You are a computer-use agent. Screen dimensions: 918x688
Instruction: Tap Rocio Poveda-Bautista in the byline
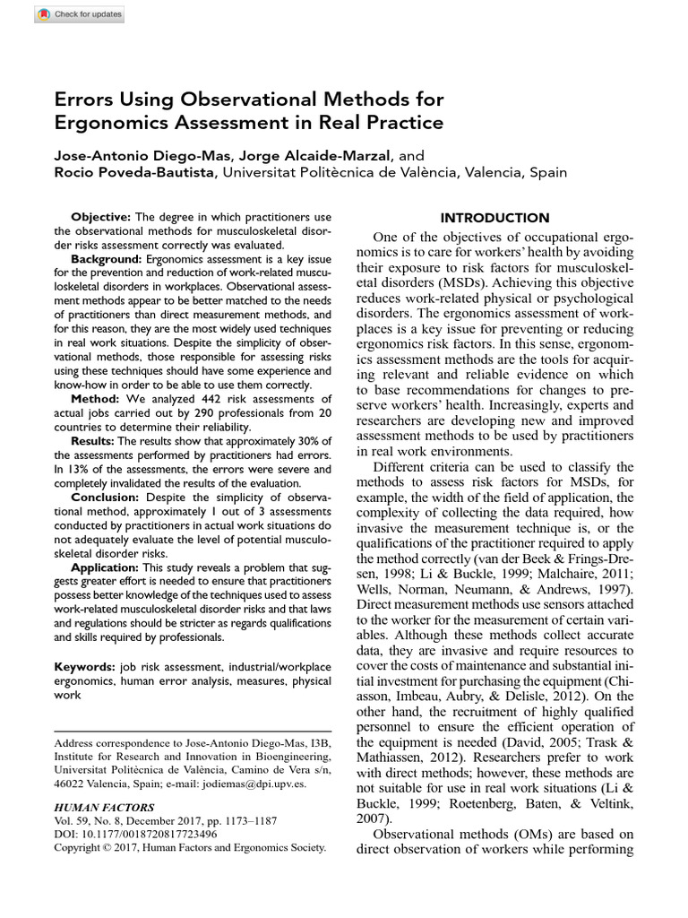click(135, 172)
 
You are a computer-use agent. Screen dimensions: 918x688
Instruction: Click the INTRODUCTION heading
click(494, 218)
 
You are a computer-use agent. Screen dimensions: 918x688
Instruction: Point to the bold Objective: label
click(100, 217)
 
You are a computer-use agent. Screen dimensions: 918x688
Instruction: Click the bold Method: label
click(95, 398)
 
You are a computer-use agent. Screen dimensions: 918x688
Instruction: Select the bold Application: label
click(105, 567)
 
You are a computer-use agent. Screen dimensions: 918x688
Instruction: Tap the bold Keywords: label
click(84, 666)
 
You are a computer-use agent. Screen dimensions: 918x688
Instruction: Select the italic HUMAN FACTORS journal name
click(104, 807)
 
